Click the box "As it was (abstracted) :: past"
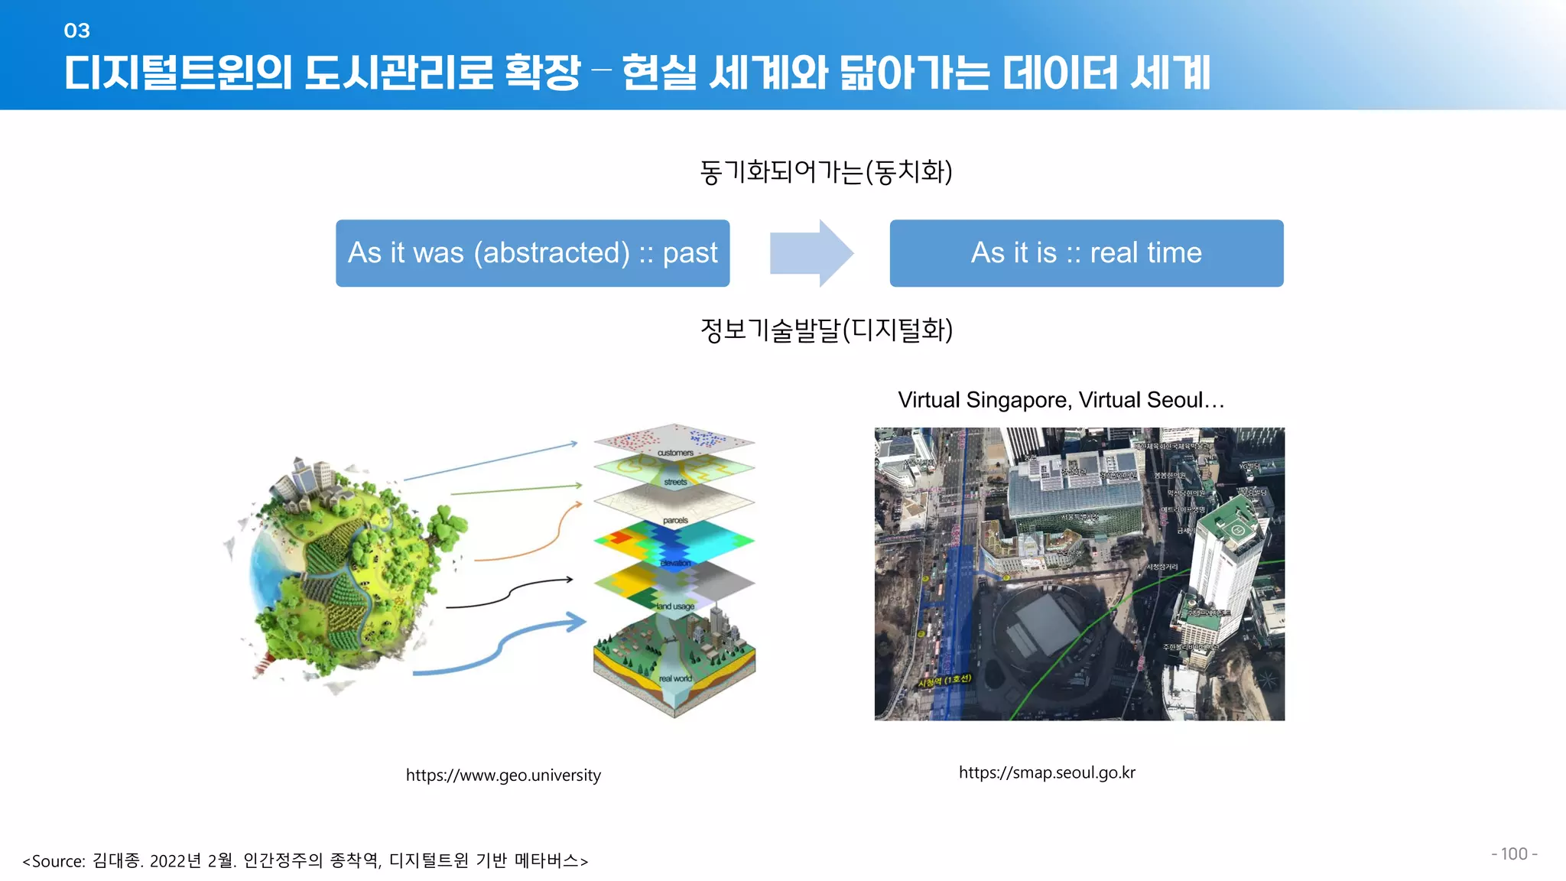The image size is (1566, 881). coord(532,253)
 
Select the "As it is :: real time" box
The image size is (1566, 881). coord(1086,253)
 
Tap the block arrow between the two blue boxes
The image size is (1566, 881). coord(811,253)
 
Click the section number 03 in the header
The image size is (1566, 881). coord(76,31)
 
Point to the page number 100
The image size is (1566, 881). coord(1513,853)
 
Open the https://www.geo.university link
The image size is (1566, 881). coord(503,775)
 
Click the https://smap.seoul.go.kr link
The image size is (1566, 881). coord(1047,772)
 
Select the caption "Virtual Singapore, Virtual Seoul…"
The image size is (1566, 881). coord(1061,400)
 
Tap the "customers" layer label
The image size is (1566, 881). coord(675,453)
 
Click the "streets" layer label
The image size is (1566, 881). coord(675,482)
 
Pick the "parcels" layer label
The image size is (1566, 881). coord(675,521)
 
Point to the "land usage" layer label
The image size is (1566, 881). coord(675,606)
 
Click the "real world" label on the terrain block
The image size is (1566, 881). coord(675,678)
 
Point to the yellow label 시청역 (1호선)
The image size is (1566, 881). coord(945,680)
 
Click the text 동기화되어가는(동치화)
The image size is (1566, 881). coord(826,171)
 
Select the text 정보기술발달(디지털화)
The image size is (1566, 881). coord(826,330)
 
